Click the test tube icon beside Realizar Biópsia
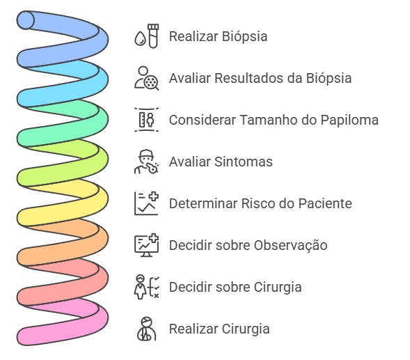(147, 36)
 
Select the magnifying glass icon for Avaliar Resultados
(147, 78)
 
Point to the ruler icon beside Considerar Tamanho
(147, 120)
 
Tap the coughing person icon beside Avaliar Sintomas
(147, 162)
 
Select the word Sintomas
(244, 162)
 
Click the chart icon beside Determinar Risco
(147, 203)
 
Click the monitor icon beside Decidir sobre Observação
(147, 245)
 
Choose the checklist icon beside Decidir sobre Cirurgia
(147, 287)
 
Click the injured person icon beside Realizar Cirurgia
(147, 329)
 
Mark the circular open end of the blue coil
(26, 20)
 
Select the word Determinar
(203, 203)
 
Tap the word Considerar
(203, 120)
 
